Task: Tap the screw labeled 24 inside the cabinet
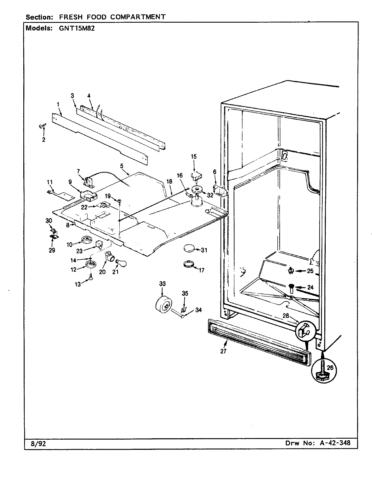click(291, 288)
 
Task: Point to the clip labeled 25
click(291, 271)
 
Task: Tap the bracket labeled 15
click(195, 176)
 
